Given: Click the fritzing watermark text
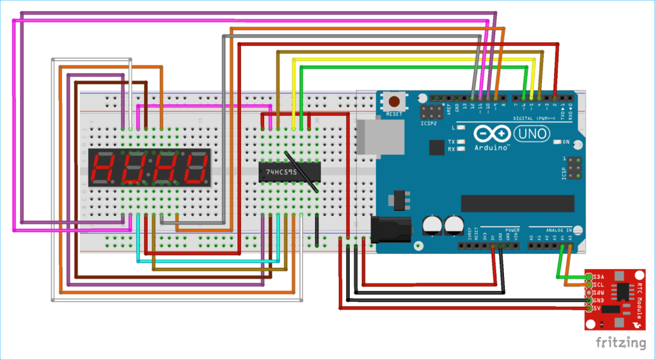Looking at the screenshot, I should (x=620, y=342).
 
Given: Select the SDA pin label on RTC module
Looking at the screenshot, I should (x=600, y=277).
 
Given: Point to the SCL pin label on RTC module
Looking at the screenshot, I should (x=600, y=284).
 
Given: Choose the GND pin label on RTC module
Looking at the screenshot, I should (x=600, y=300).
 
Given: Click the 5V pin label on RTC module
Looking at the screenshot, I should (x=599, y=308).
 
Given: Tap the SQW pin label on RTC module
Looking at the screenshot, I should (x=600, y=292).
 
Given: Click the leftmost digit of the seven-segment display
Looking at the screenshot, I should (x=104, y=169).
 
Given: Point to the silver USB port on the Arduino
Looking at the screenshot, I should (x=380, y=137).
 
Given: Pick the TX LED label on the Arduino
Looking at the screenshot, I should (x=452, y=141).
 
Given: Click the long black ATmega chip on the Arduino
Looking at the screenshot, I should (x=517, y=203).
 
